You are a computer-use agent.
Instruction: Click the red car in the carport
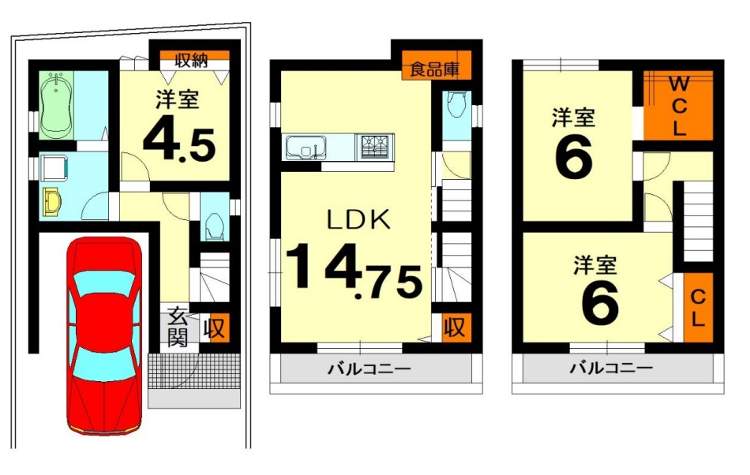[104, 335]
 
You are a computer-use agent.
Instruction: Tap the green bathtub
[56, 106]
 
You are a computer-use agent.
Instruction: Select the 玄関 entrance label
[178, 327]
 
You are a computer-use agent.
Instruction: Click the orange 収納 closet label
[191, 61]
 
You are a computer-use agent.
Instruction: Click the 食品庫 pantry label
[435, 69]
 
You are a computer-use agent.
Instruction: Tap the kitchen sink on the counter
[306, 148]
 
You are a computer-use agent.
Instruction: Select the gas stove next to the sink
[374, 146]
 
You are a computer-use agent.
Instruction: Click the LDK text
[358, 220]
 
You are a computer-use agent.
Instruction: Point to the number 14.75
[354, 272]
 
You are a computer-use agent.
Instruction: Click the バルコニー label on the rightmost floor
[611, 368]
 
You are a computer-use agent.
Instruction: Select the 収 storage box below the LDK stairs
[455, 327]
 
